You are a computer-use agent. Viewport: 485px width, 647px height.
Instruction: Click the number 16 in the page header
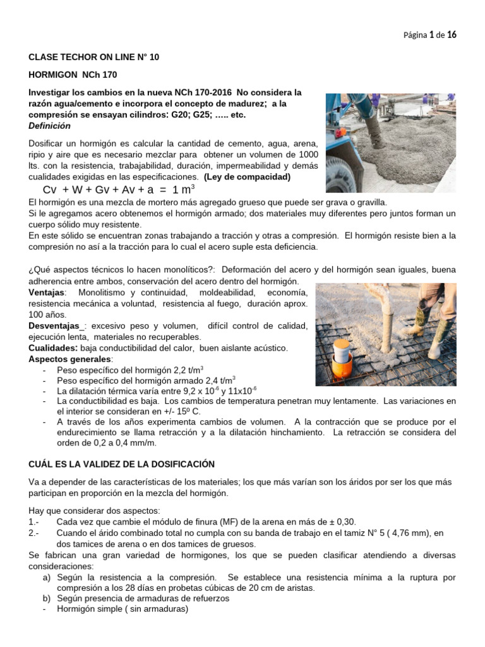point(452,35)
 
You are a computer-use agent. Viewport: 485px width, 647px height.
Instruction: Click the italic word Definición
point(49,126)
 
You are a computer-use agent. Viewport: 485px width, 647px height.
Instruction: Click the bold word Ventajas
point(47,293)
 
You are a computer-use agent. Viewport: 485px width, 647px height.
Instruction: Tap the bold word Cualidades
point(53,348)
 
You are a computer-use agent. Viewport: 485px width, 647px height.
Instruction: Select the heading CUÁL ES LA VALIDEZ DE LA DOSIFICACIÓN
point(122,464)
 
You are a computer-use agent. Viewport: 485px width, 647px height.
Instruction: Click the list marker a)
point(47,577)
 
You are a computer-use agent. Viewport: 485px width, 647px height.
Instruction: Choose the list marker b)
point(47,598)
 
